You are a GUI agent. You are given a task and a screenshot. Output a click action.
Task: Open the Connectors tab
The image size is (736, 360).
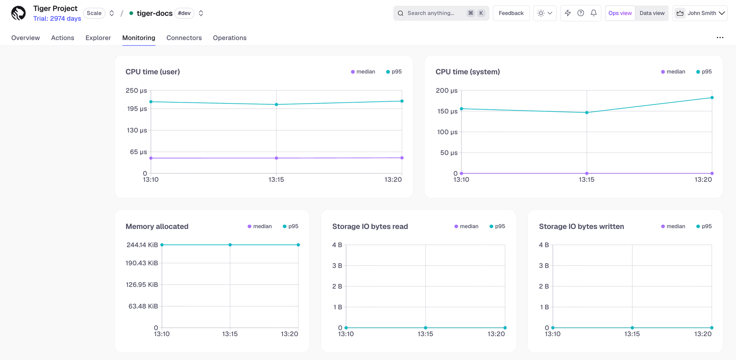(x=184, y=38)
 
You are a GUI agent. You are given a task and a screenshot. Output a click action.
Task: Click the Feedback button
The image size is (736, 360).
(x=511, y=13)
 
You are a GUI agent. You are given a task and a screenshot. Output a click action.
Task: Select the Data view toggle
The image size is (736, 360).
(x=652, y=13)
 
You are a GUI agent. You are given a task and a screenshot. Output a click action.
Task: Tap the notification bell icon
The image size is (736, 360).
(x=594, y=13)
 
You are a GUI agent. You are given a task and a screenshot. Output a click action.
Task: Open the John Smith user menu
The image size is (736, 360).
(x=700, y=13)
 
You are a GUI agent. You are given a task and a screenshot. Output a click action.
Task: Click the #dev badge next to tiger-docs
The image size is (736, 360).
(x=184, y=13)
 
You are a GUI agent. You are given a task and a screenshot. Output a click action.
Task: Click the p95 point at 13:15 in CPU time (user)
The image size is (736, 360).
(x=276, y=105)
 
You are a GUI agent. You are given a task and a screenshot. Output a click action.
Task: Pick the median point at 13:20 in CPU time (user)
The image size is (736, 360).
(x=402, y=158)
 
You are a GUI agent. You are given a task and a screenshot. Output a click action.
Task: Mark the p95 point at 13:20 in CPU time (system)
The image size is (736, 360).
(x=712, y=98)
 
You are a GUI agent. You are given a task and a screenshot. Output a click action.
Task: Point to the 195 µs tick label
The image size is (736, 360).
(x=137, y=109)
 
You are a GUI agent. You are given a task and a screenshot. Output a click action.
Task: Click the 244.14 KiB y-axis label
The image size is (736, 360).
(x=142, y=245)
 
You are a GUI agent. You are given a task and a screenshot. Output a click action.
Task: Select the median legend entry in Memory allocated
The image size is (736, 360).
(x=260, y=226)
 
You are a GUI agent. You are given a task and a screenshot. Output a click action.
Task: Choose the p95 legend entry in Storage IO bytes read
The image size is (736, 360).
(x=497, y=226)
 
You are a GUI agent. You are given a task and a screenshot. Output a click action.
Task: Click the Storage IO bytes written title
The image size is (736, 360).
(x=581, y=226)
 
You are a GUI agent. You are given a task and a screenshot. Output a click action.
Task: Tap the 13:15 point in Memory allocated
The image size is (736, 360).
(x=230, y=245)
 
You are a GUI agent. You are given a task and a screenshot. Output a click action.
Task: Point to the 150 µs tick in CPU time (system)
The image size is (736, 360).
(x=447, y=111)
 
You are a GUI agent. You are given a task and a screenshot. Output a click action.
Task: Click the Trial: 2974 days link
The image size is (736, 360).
(x=57, y=18)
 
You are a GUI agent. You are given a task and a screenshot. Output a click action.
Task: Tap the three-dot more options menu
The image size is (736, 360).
(x=720, y=38)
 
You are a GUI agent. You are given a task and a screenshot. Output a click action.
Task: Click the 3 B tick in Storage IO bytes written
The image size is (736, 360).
(x=544, y=265)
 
